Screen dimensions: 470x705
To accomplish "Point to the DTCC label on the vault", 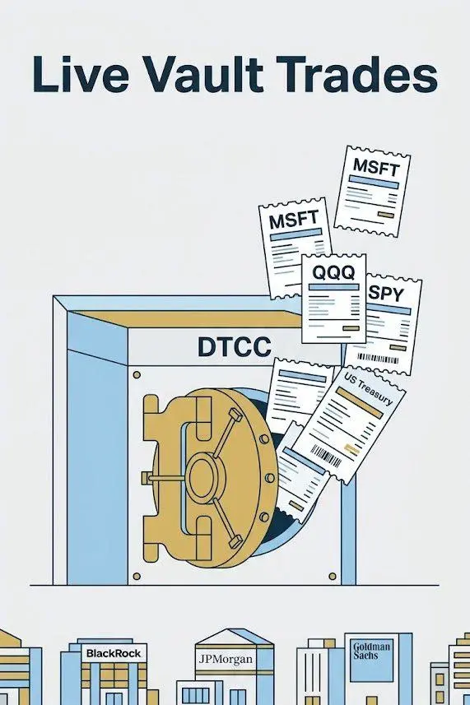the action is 235,347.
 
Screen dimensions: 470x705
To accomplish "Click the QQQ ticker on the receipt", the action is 333,272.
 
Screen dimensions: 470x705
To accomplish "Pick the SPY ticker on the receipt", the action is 385,294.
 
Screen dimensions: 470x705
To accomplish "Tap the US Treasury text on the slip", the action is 368,388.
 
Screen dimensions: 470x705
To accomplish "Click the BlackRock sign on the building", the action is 114,653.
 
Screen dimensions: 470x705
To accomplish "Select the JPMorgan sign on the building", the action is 226,660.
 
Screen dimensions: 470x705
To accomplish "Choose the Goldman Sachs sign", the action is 371,651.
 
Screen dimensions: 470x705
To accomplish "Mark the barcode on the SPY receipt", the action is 378,359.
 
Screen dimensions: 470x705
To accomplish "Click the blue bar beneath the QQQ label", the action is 333,287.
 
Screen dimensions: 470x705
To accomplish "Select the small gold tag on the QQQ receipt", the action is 351,328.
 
